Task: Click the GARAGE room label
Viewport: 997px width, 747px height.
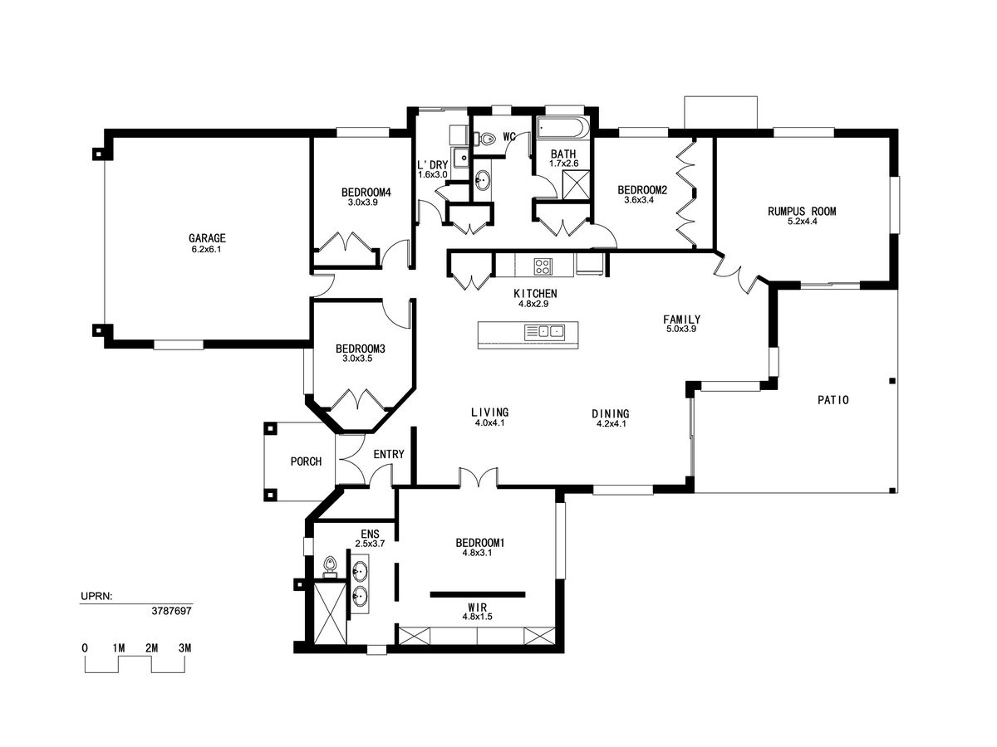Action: (x=207, y=237)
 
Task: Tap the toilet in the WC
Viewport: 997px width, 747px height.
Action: (x=484, y=139)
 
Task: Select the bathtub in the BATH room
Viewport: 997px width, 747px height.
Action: (x=562, y=128)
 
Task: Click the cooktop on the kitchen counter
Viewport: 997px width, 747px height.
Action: (x=543, y=266)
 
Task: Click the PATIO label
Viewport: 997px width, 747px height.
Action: (x=832, y=400)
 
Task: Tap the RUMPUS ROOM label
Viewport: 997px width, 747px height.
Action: (x=802, y=211)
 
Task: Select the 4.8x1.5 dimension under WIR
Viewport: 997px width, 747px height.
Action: (x=477, y=617)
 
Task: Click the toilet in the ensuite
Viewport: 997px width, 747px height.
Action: (x=330, y=567)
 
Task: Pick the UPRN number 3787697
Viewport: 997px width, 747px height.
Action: (x=171, y=611)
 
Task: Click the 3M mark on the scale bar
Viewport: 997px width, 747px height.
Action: (x=185, y=647)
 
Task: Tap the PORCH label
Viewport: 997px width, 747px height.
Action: (x=306, y=461)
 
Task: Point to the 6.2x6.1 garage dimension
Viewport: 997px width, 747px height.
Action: (x=206, y=249)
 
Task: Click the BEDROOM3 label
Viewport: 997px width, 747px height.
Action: (x=361, y=349)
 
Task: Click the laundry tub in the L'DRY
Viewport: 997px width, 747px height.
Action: (x=461, y=158)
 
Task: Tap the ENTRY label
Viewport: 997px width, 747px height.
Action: (x=388, y=454)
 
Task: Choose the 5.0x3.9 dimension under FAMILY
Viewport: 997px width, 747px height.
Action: (x=680, y=329)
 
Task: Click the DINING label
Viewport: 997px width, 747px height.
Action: (x=611, y=413)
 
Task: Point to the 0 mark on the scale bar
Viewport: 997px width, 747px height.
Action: (x=85, y=647)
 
